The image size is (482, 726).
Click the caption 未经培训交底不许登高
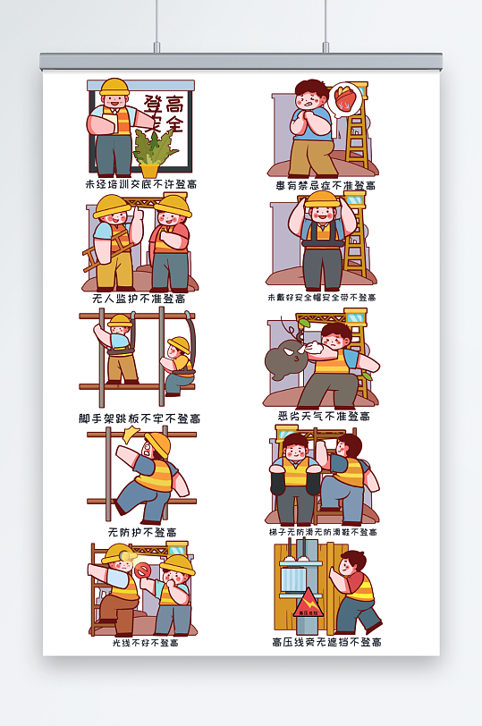point(140,184)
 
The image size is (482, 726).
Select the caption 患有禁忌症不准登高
point(326,185)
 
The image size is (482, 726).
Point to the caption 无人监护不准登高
point(139,299)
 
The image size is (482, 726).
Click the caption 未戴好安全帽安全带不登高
point(321,297)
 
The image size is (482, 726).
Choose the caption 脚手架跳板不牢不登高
point(140,418)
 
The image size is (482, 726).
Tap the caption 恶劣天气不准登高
point(323,416)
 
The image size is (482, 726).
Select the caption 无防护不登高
point(141,532)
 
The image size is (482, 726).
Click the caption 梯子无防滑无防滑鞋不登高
point(322,532)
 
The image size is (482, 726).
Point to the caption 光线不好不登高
point(144,642)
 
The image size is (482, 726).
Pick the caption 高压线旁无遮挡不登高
point(326,642)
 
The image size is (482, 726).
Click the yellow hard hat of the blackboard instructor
point(114,88)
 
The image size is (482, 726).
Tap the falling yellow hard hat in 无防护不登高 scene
point(158,443)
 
